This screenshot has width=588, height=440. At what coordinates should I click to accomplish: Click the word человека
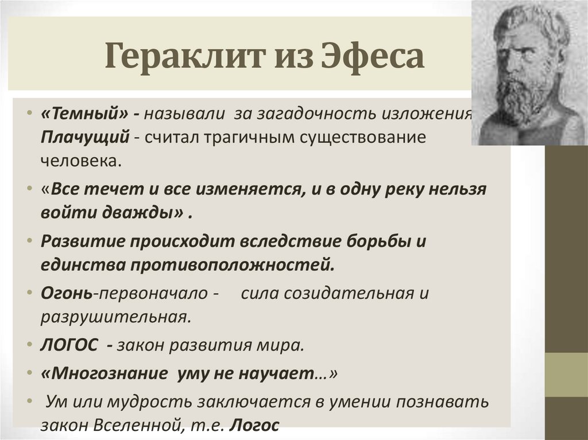[81, 160]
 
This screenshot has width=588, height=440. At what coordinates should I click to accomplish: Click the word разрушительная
[115, 317]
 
